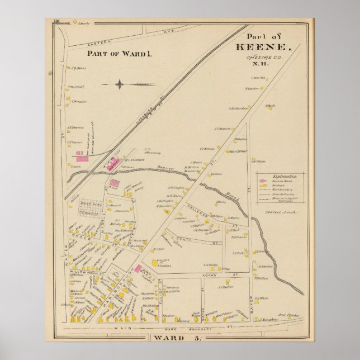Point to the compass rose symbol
[x=120, y=85]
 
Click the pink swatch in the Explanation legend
[x=262, y=181]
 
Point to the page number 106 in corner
[x=56, y=21]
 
